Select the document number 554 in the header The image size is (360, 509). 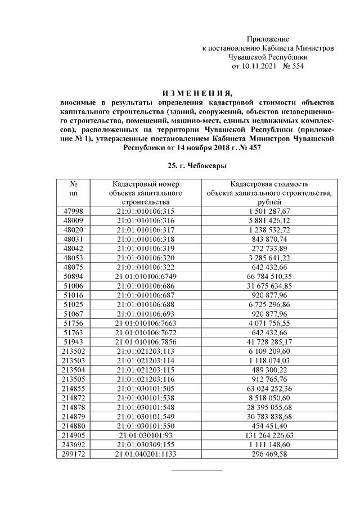click(x=296, y=66)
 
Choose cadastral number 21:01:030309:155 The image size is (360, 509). click(x=146, y=445)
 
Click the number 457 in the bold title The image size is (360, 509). click(x=254, y=147)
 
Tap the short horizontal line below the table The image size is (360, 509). click(x=197, y=470)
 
